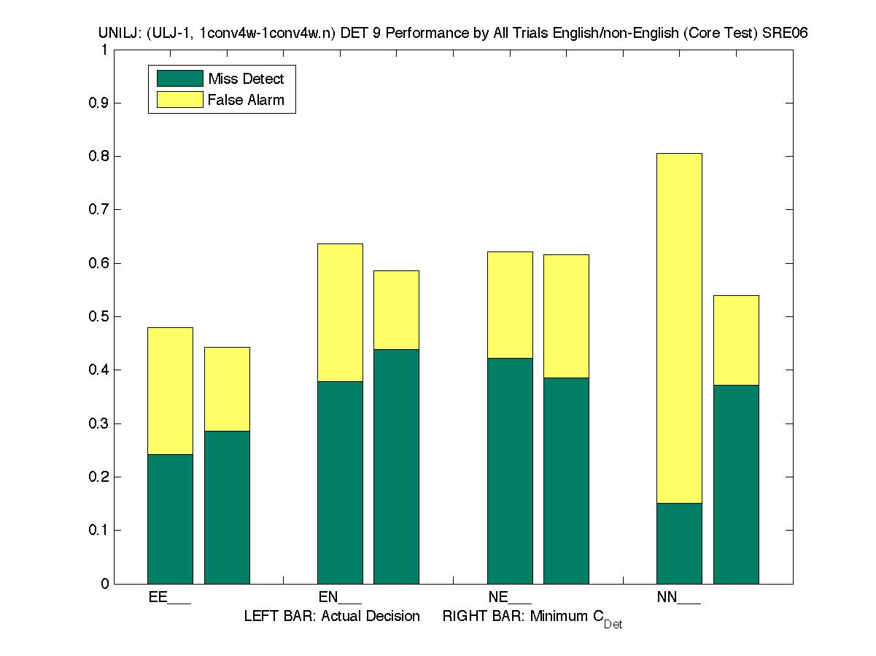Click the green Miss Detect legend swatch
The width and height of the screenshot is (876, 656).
[179, 79]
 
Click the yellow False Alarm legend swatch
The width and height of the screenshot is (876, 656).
[179, 99]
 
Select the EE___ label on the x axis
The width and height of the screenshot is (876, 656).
[169, 598]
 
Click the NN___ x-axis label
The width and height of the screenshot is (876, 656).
[678, 598]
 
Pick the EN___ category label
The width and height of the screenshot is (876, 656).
[340, 598]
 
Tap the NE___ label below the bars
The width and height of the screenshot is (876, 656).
[510, 598]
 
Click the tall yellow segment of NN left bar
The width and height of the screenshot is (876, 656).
[679, 328]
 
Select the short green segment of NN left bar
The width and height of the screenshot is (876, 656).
[679, 543]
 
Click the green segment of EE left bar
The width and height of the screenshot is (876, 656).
[170, 518]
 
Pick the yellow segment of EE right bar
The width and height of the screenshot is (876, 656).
[227, 388]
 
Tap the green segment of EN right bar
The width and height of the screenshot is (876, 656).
[396, 466]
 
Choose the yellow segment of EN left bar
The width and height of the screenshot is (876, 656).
[340, 312]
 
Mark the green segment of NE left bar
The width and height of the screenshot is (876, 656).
[510, 470]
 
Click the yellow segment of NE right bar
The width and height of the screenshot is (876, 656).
[566, 316]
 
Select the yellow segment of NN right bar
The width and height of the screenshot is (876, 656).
[736, 340]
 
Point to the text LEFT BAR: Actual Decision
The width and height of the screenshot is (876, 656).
[332, 617]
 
